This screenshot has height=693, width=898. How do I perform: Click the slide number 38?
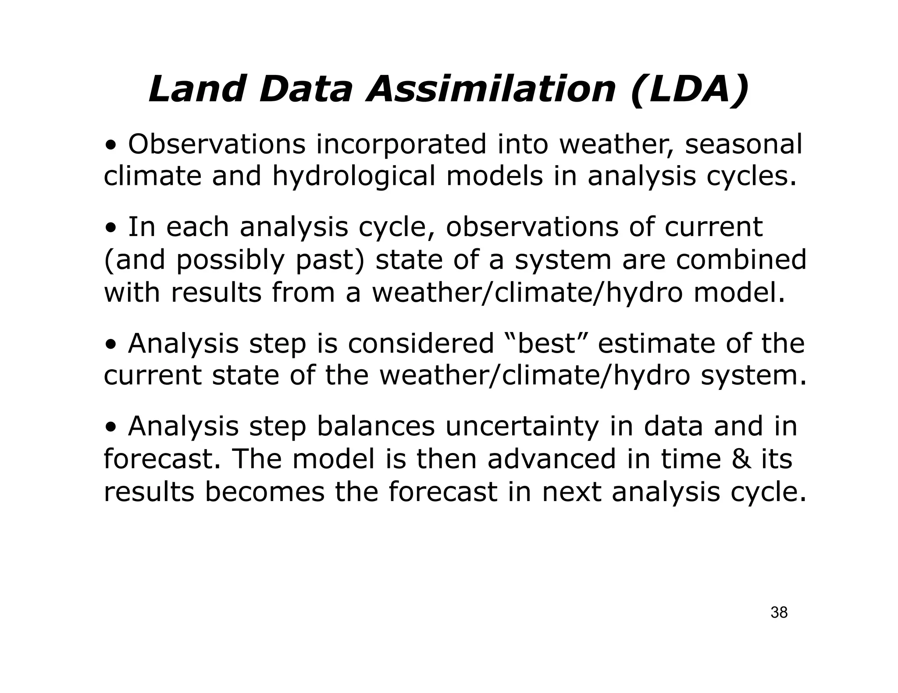779,612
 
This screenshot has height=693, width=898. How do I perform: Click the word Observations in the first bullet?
217,144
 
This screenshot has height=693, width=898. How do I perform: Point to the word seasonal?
743,144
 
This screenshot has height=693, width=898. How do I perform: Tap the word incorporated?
401,145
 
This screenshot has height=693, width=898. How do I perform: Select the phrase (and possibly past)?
234,260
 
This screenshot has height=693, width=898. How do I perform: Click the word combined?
741,259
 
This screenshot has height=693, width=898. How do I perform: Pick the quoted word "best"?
546,343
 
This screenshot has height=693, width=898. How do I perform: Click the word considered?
421,343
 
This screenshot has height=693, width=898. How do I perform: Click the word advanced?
552,459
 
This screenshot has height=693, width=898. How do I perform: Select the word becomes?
264,492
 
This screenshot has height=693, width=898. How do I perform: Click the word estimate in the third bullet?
656,343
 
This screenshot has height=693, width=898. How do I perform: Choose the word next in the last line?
571,492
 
